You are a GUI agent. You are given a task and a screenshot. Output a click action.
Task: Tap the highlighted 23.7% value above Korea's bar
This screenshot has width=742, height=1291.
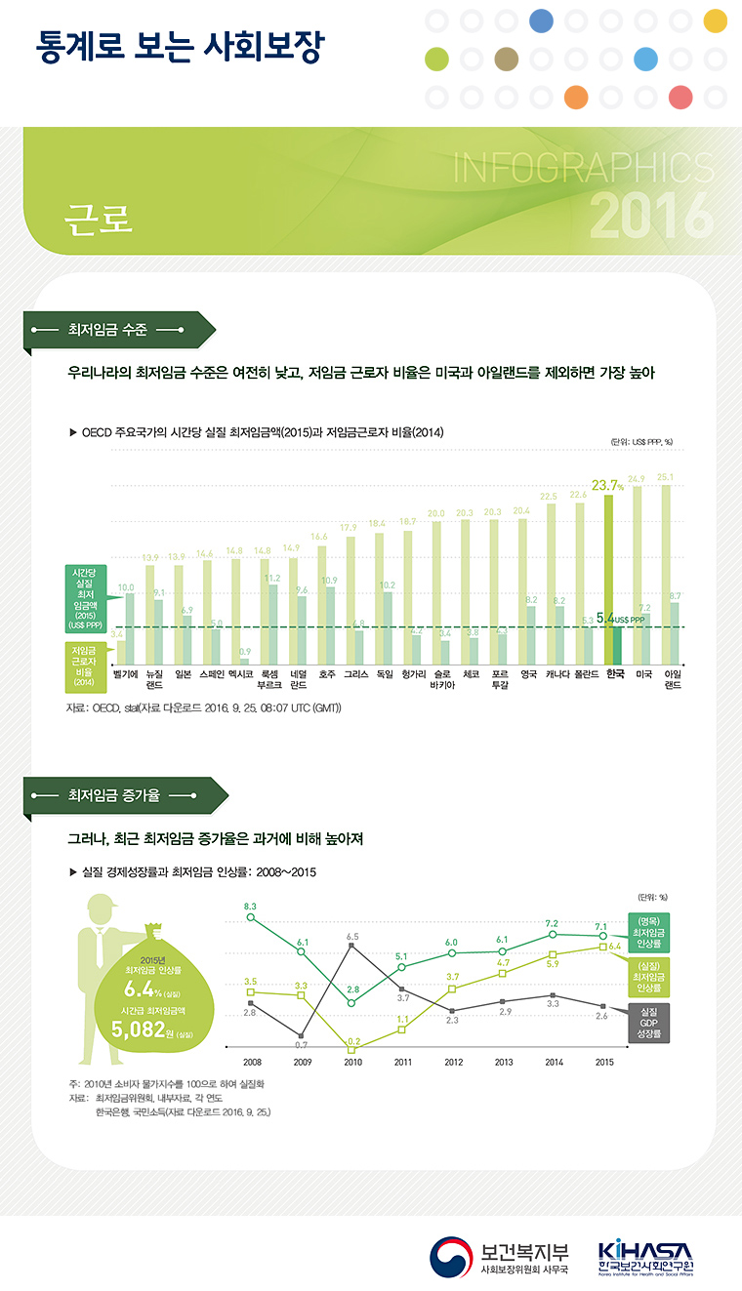pyautogui.click(x=607, y=484)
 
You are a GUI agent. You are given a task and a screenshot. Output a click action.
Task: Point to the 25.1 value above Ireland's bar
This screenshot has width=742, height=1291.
pyautogui.click(x=666, y=477)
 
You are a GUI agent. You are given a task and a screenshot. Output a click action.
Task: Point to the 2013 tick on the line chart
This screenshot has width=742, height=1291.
pyautogui.click(x=504, y=1063)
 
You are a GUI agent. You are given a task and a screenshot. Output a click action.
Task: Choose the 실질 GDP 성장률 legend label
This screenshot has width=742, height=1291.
pyautogui.click(x=649, y=1022)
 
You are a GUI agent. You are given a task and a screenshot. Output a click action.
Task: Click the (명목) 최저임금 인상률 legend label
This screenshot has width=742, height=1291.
pyautogui.click(x=649, y=932)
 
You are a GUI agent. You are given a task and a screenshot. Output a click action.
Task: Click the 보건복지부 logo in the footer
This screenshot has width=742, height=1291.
pyautogui.click(x=501, y=1258)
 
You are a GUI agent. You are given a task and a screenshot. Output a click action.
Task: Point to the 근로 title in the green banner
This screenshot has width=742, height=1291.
pyautogui.click(x=98, y=219)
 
